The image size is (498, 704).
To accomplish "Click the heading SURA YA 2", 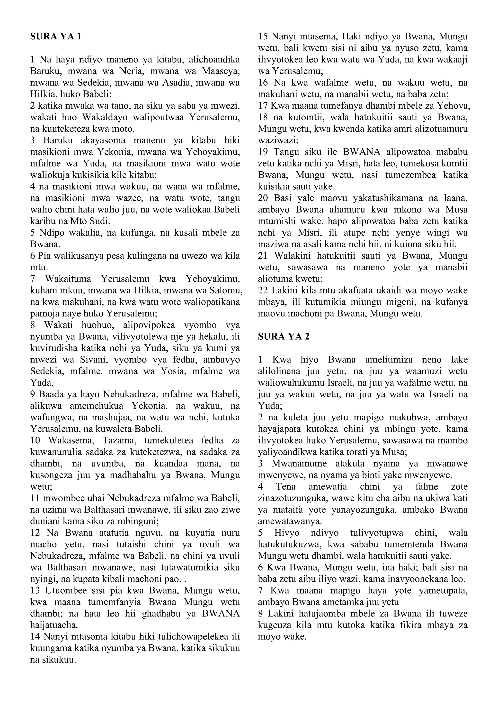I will click(x=284, y=336).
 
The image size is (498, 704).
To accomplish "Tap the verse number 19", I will click(x=263, y=152).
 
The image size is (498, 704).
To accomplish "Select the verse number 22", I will click(x=263, y=290).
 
